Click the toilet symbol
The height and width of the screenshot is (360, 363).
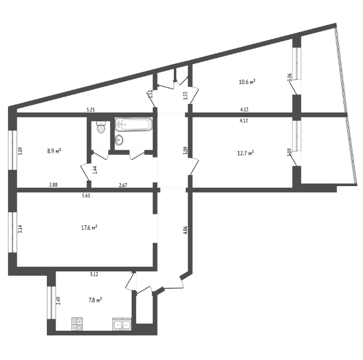click(x=101, y=127)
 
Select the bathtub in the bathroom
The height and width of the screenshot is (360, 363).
click(x=134, y=125)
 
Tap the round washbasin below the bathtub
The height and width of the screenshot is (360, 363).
click(x=119, y=140)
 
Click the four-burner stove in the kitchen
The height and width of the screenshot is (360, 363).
click(x=77, y=324)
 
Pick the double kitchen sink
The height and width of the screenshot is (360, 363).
click(x=122, y=324)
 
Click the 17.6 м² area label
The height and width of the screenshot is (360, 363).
click(x=89, y=228)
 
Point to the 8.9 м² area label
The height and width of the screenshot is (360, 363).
click(x=54, y=151)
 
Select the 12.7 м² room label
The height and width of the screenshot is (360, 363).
click(x=246, y=153)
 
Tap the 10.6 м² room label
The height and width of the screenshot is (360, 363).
click(x=247, y=82)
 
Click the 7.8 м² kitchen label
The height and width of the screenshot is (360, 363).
click(x=95, y=301)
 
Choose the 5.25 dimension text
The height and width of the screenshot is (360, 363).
click(x=91, y=110)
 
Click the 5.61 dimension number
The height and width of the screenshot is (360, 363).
click(x=86, y=196)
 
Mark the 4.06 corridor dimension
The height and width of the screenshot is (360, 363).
click(x=185, y=230)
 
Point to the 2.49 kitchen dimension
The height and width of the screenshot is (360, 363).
click(x=58, y=301)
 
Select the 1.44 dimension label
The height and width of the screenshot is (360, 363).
click(x=95, y=170)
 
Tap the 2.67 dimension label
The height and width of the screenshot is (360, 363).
click(x=123, y=185)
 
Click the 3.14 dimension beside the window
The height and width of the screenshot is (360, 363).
click(x=20, y=229)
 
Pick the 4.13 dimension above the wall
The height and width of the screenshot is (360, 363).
click(x=244, y=110)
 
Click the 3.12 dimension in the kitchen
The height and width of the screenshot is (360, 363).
click(x=94, y=275)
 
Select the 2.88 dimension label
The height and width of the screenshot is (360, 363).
click(x=53, y=185)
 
